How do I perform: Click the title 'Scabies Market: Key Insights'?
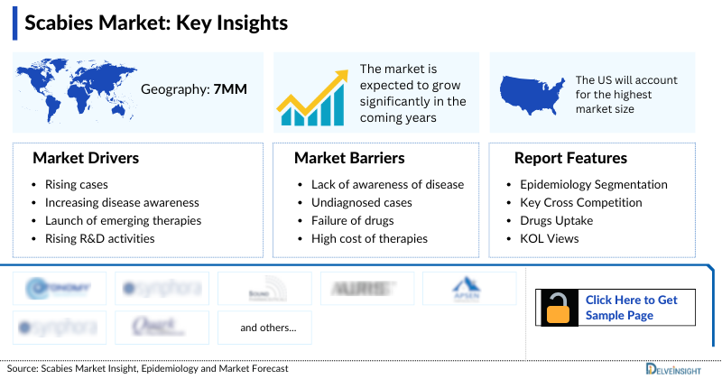(156, 23)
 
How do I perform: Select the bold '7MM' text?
(230, 89)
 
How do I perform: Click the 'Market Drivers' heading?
(86, 158)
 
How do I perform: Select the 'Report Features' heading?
(570, 158)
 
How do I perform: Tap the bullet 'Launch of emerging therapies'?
(123, 220)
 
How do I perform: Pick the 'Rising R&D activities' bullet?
(99, 238)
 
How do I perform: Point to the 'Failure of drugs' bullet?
(347, 220)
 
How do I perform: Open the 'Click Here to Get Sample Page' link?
(631, 307)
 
